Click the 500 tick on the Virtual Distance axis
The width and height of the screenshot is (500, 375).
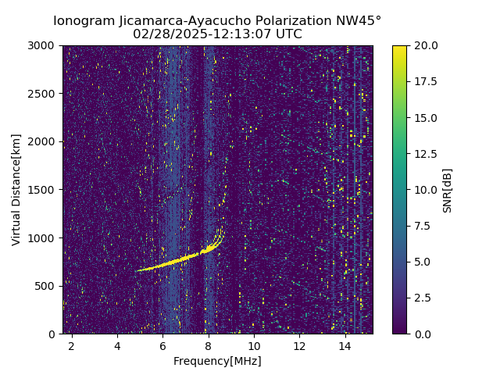(x=47, y=286)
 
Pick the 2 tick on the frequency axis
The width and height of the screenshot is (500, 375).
(x=72, y=345)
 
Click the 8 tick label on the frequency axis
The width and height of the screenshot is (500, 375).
(x=209, y=345)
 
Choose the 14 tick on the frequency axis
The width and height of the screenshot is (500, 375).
(x=345, y=345)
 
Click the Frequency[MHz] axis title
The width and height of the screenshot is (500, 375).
(x=217, y=361)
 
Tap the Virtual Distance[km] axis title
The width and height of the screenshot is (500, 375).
(x=16, y=190)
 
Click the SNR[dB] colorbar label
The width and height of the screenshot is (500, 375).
(x=448, y=190)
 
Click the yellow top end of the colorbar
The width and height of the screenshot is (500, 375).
(x=399, y=48)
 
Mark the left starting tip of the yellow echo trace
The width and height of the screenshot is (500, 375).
(x=137, y=270)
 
